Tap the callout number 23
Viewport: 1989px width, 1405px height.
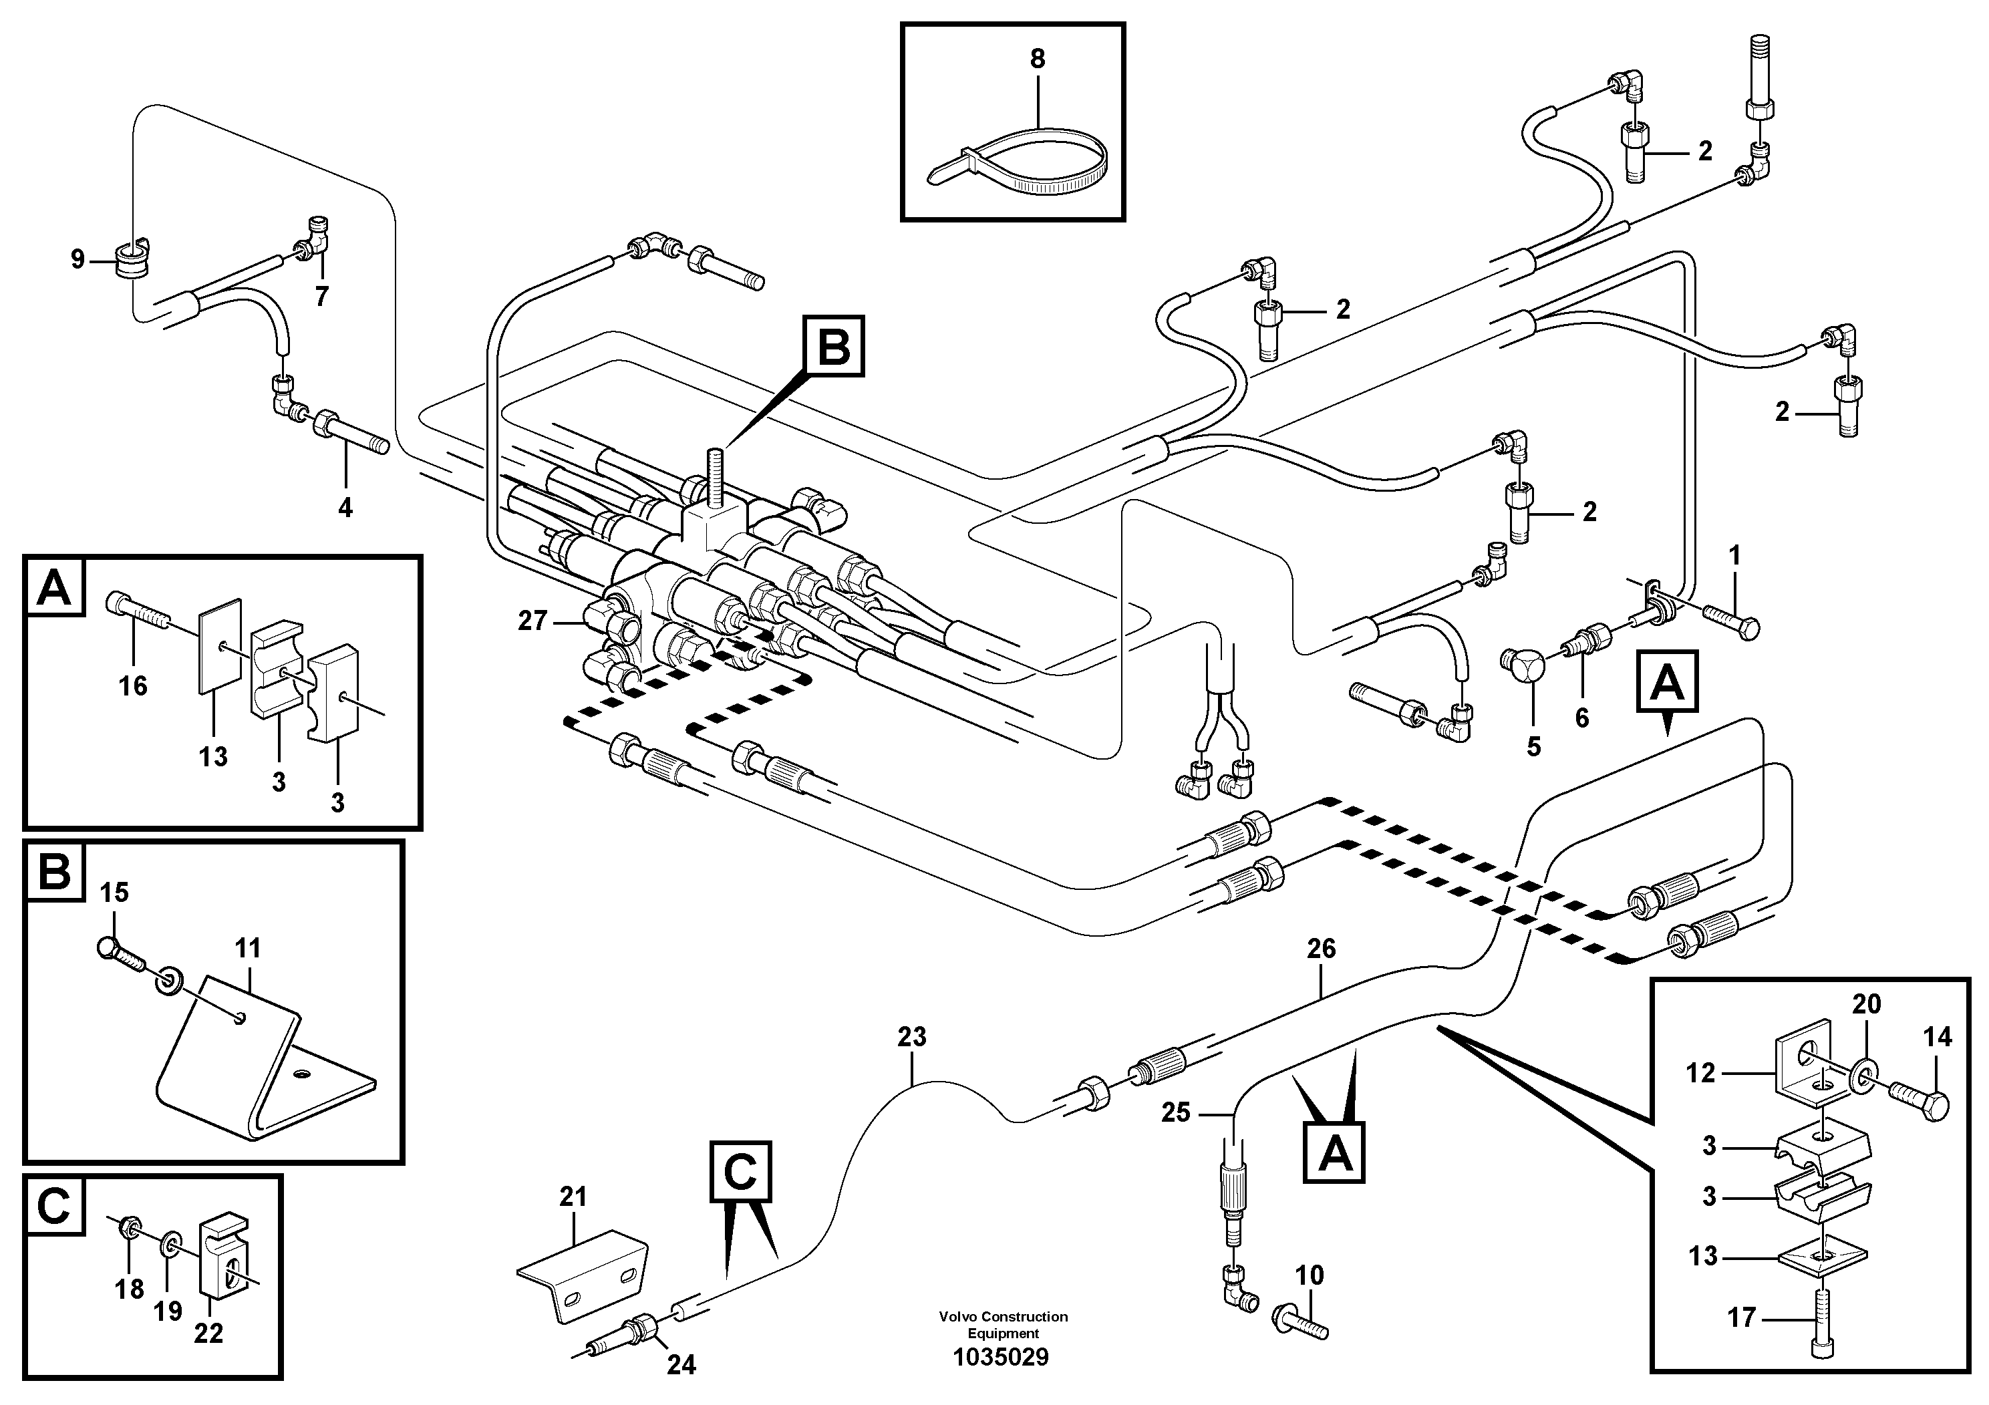(x=911, y=1037)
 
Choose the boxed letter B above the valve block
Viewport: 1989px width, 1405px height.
(x=834, y=347)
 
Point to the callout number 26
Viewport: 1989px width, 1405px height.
(x=1321, y=949)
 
